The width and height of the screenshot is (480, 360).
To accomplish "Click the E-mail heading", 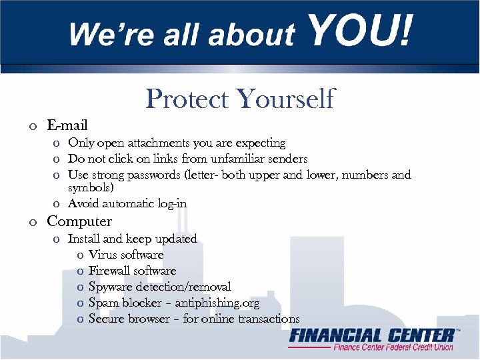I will (67, 125).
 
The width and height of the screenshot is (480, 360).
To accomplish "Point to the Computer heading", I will (79, 221).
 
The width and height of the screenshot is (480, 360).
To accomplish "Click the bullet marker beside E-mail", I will (32, 126).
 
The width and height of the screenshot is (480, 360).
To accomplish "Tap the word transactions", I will (266, 319).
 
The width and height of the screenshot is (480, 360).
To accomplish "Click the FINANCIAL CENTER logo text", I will (372, 335).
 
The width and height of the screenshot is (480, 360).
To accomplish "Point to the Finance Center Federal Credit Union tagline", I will (393, 347).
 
